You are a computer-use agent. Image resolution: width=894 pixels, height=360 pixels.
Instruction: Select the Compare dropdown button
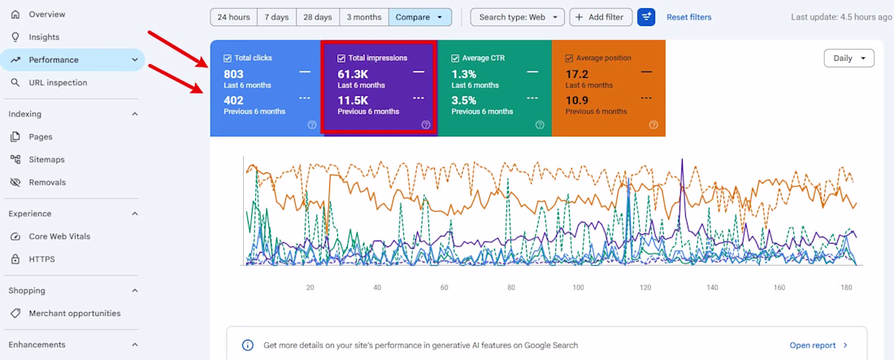(420, 17)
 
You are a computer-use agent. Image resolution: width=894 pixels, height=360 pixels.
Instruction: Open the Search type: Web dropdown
(517, 17)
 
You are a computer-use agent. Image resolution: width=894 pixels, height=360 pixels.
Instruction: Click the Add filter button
(601, 17)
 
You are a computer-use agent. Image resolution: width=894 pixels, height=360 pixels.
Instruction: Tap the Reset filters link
(688, 17)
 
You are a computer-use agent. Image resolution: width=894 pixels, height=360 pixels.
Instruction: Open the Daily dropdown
(849, 59)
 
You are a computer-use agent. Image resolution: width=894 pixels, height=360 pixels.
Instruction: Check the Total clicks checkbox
(228, 58)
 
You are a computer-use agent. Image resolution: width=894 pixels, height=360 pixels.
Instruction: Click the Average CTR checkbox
(455, 58)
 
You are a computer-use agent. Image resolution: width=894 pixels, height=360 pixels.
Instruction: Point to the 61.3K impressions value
(353, 74)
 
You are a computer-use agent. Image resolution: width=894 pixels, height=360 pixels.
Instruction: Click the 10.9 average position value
(576, 101)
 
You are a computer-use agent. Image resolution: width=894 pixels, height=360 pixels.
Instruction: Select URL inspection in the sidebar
(59, 83)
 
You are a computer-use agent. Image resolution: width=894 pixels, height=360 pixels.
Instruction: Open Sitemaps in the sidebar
(47, 160)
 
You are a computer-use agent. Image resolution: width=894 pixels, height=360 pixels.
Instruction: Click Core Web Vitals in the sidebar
(59, 236)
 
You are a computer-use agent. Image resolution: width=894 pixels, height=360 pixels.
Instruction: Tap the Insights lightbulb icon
(15, 37)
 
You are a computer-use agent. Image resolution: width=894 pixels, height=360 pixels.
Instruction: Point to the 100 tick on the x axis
(579, 288)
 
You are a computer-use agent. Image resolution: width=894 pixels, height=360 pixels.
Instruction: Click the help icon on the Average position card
(653, 125)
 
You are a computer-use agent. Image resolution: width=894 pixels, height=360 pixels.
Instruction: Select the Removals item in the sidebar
(47, 183)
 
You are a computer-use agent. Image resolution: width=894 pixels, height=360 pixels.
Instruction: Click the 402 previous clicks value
(234, 101)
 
